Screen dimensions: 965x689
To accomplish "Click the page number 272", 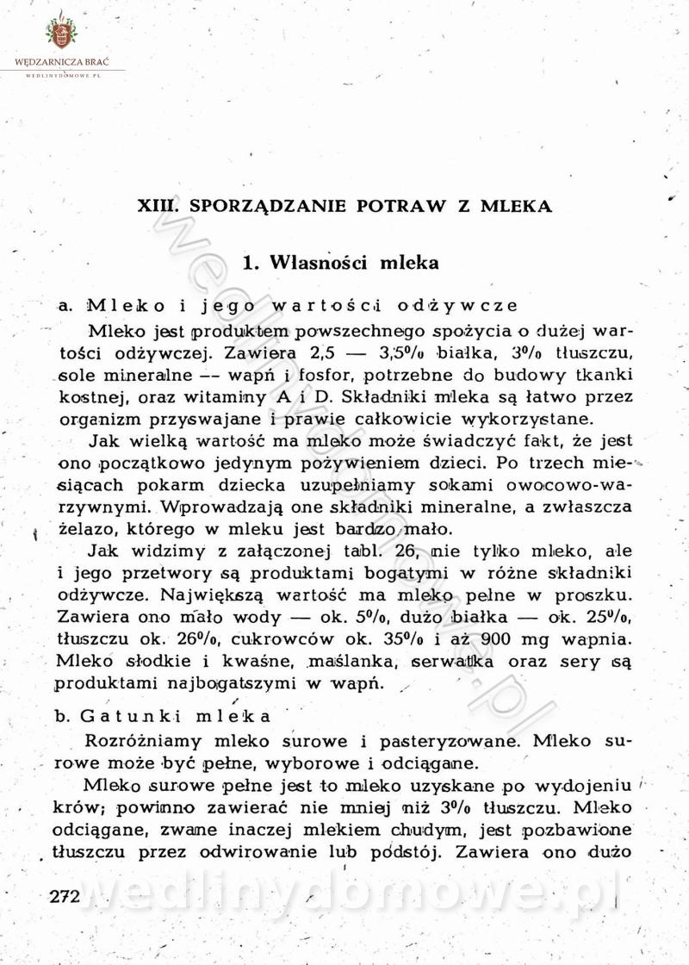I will click(65, 896).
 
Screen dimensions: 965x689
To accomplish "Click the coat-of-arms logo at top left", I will click(61, 34).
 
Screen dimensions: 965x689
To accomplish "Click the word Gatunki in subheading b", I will click(130, 716).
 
